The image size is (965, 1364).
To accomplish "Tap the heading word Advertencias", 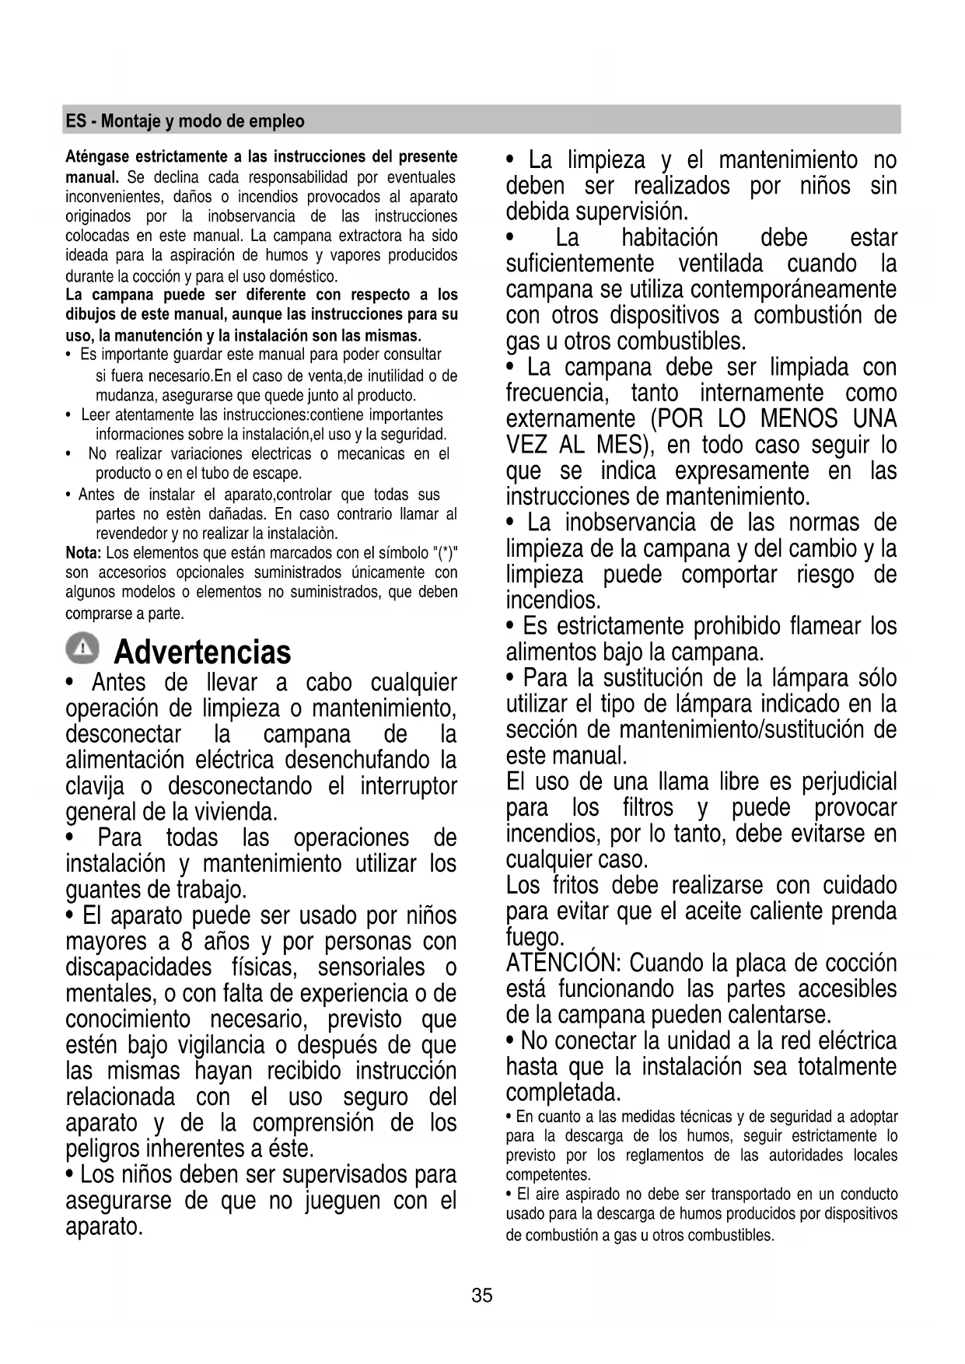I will (x=202, y=652).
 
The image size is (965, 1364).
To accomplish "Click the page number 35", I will (x=482, y=1296).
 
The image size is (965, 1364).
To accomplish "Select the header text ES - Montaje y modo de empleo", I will (x=185, y=121).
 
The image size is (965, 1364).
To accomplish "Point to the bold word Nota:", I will (x=83, y=553).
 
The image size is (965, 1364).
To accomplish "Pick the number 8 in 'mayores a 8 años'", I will (x=187, y=942).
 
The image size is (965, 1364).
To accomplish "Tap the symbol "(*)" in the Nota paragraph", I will (x=444, y=553).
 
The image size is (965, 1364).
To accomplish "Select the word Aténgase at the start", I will (x=95, y=157).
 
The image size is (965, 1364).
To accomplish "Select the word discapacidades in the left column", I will (x=138, y=967).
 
